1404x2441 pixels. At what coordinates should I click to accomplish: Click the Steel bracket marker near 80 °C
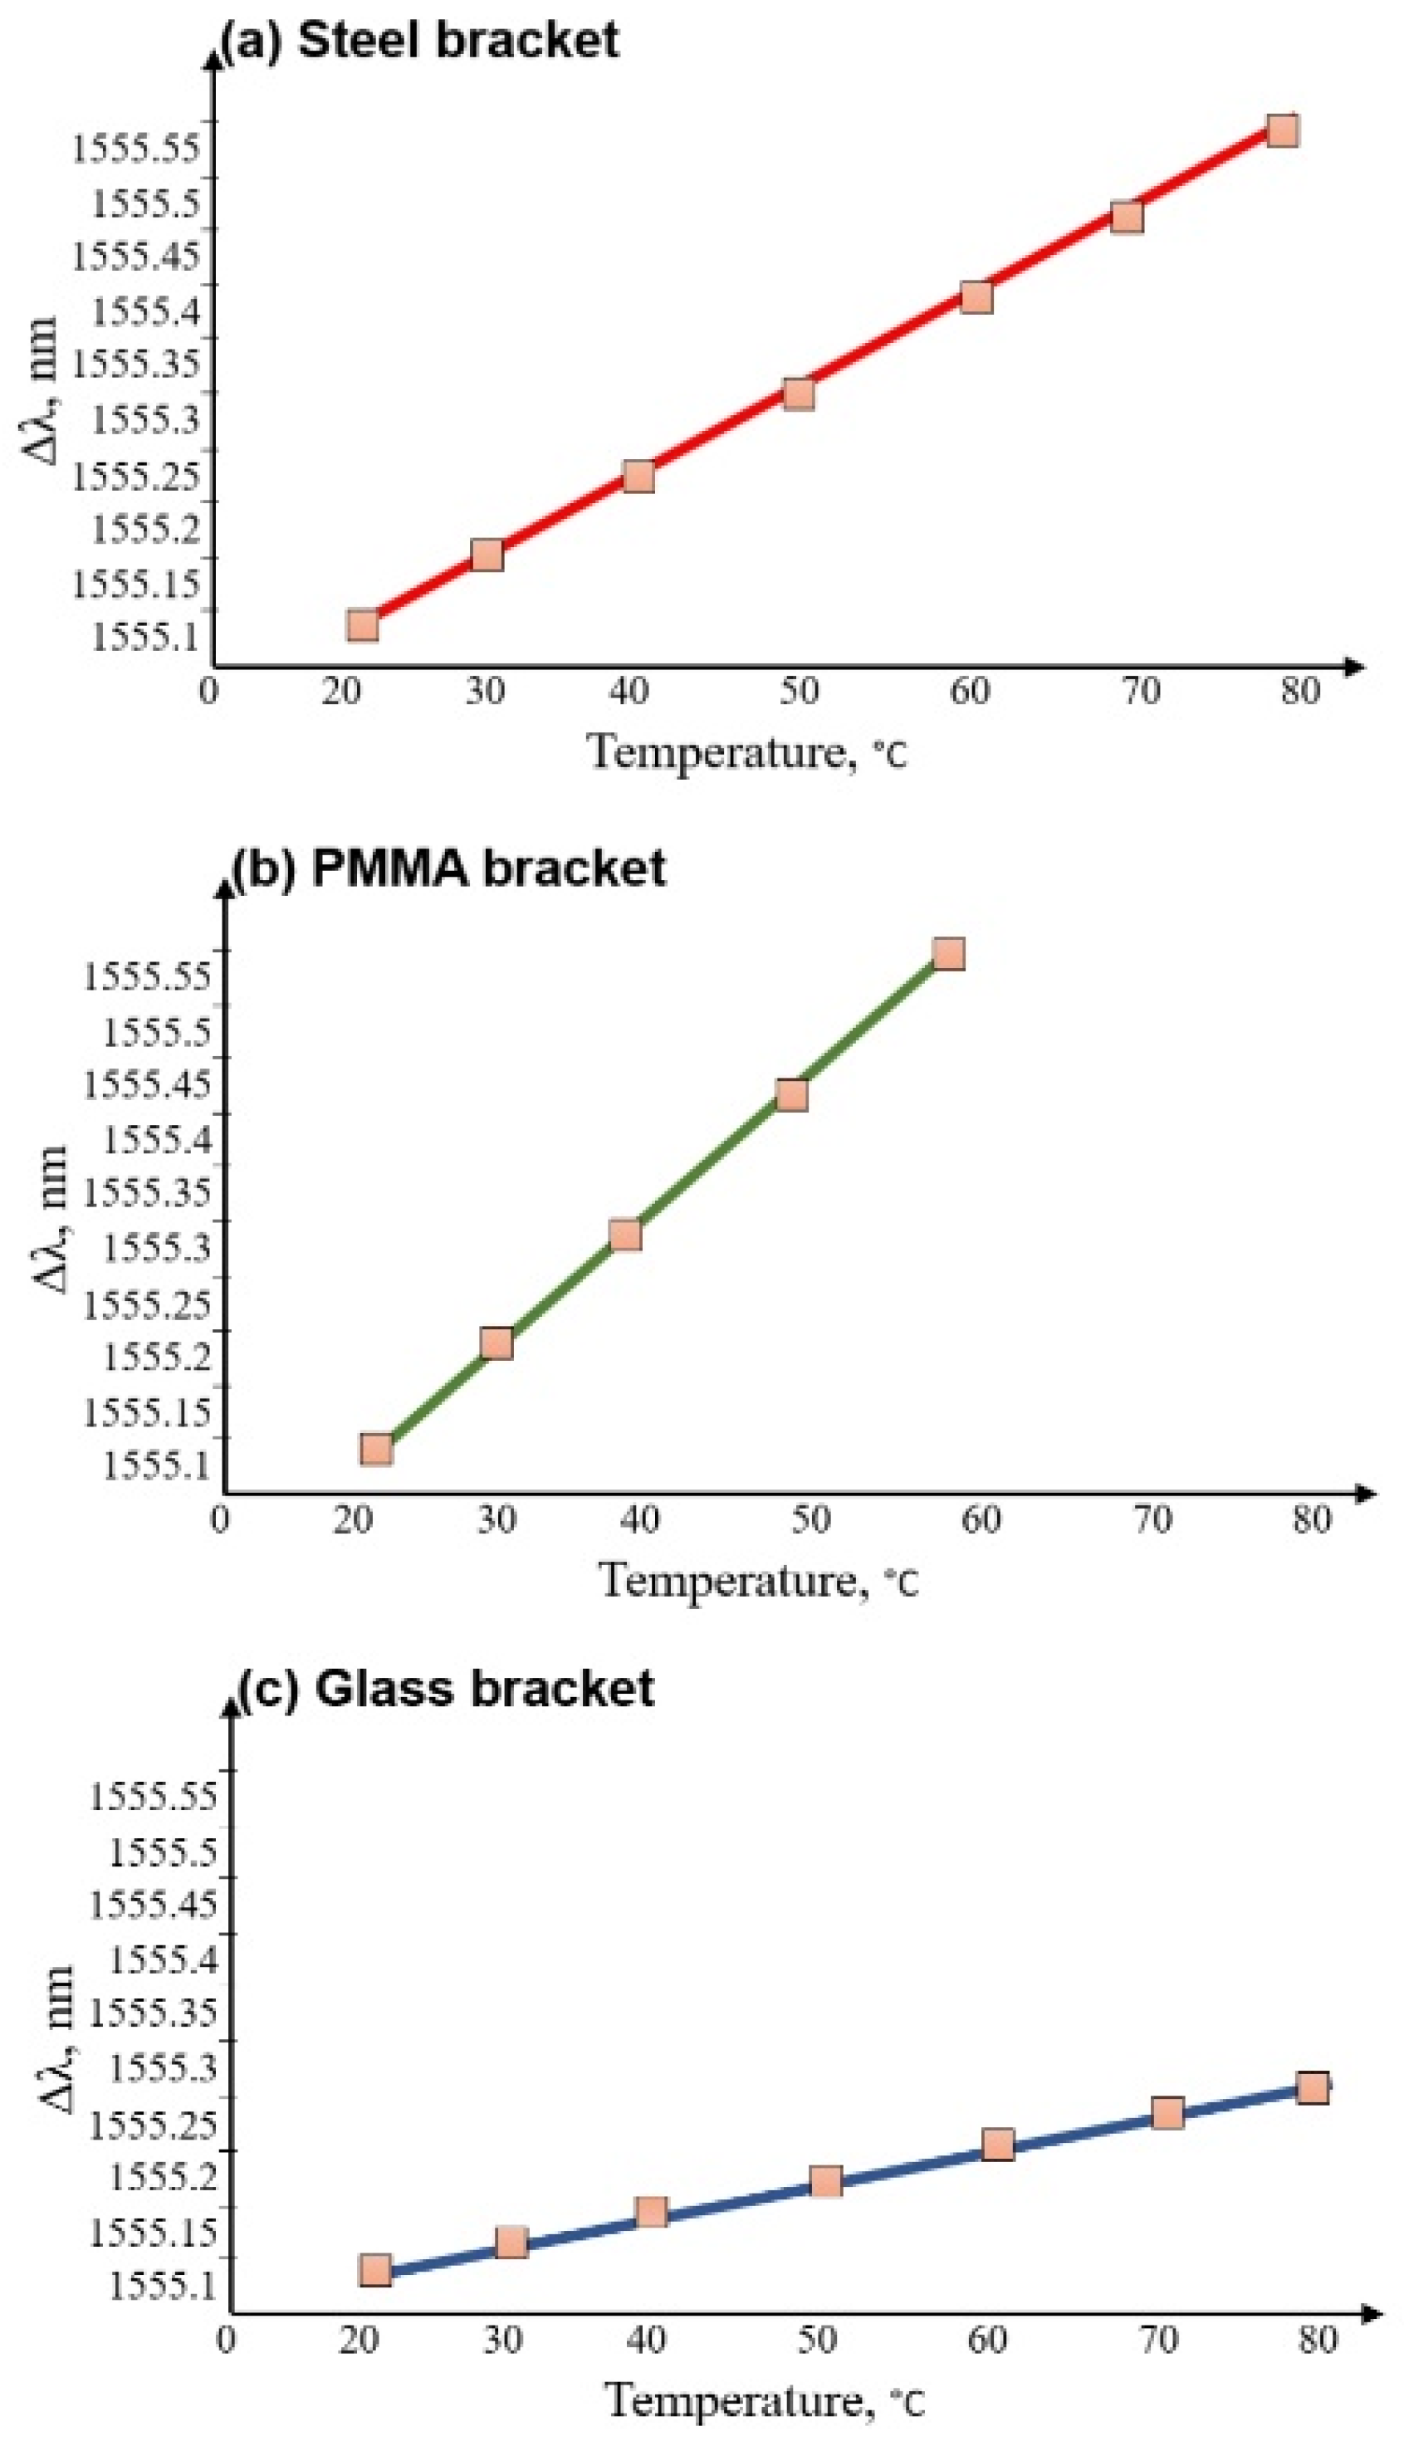point(1282,130)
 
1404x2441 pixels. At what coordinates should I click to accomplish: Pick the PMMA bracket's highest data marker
point(949,953)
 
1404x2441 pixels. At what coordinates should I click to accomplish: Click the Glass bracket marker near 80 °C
point(1313,2088)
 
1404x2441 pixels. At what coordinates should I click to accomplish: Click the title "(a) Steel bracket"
point(419,41)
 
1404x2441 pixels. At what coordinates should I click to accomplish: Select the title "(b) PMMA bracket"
point(449,868)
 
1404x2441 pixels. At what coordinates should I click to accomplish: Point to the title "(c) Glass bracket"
point(447,1689)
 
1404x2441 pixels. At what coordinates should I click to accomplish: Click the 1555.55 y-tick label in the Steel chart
point(137,148)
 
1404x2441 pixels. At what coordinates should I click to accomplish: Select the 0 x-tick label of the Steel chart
point(208,692)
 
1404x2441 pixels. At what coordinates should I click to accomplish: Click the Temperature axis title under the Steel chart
point(747,752)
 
